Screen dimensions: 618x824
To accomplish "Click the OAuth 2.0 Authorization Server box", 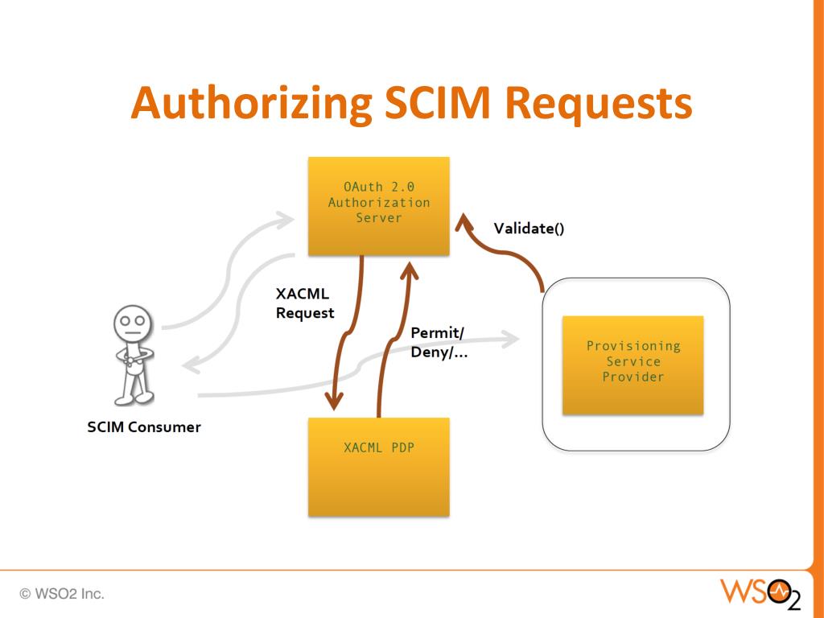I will point(379,206).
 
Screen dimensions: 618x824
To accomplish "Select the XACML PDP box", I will point(379,467).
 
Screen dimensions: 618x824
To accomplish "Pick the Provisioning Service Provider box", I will point(633,365).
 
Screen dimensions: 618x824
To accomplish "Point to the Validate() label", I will point(529,228).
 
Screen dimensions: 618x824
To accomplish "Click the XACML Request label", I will point(304,304).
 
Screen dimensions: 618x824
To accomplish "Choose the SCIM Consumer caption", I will point(144,426).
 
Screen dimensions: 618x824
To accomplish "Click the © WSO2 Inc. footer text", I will point(64,595).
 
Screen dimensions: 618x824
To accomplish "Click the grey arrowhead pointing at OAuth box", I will point(286,218).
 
